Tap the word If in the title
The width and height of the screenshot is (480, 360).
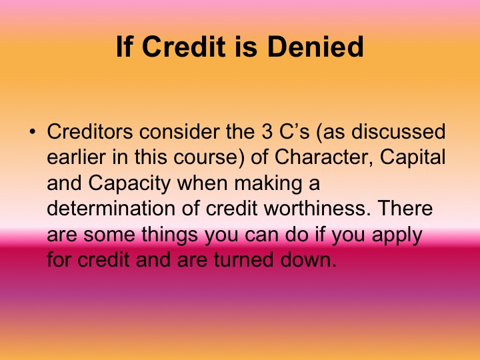pos(125,47)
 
